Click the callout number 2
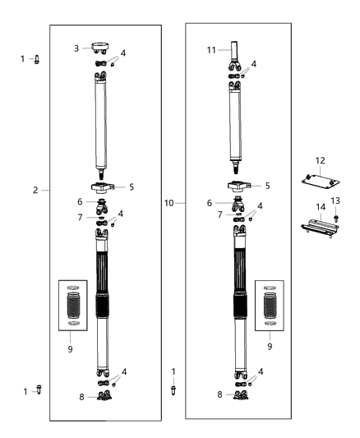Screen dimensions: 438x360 (35, 190)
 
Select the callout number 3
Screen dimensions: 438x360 (76, 48)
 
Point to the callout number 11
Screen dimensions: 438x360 (210, 50)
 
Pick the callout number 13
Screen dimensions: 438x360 (335, 201)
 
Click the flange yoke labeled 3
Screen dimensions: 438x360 (103, 48)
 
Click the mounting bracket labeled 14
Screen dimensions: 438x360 (319, 228)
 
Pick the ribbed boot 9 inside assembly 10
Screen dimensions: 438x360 (271, 309)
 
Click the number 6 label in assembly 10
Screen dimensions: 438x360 (210, 203)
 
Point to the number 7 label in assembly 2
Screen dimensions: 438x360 (80, 217)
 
